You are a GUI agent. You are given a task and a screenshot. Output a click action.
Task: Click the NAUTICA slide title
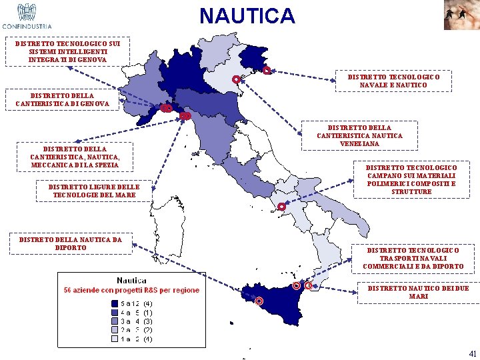(247, 15)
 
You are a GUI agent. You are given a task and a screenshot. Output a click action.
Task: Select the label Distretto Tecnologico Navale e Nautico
(394, 81)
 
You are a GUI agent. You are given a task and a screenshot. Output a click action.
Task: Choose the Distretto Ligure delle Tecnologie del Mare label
(94, 191)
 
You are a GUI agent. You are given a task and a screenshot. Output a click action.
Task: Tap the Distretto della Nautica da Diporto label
(71, 243)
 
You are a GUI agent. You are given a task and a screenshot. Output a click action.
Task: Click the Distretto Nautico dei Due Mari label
(418, 292)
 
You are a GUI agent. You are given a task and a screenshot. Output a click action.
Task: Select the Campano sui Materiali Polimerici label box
(412, 179)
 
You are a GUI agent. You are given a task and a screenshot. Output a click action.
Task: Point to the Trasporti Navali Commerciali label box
(413, 259)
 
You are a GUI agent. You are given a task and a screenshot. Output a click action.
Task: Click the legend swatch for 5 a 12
(114, 303)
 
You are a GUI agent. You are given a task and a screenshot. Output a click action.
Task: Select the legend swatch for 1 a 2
(114, 339)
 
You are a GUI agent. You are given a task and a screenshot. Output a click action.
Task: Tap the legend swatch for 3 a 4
(114, 321)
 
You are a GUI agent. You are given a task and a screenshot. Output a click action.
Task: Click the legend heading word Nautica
(132, 281)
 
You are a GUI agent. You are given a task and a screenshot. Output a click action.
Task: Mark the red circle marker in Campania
(282, 207)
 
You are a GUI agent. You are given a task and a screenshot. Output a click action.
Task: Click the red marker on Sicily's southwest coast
(259, 301)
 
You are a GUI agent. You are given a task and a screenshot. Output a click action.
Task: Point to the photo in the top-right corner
(461, 15)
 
